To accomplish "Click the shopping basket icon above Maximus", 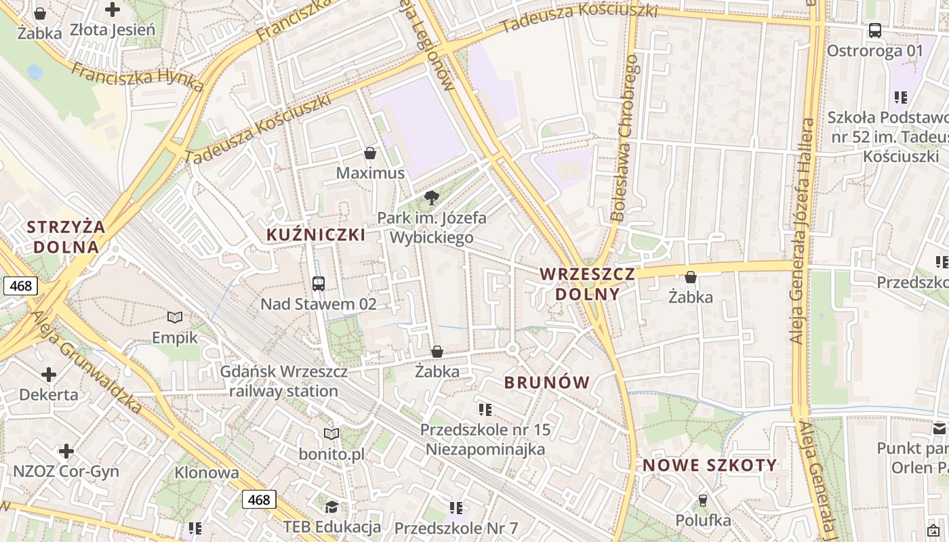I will point(370,154).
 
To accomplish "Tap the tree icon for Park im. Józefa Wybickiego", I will point(431,198).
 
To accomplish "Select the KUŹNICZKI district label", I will point(316,235).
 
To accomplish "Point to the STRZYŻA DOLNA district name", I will point(66,236).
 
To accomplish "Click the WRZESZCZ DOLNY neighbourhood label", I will point(588,284).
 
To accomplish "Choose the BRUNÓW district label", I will point(547,382).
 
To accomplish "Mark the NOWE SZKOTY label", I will point(710,465).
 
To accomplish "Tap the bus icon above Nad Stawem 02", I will point(319,283).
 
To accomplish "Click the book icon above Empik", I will point(175,317).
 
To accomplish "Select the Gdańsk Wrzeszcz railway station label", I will point(284,381).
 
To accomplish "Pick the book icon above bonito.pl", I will point(331,434).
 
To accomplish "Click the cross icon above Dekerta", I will point(49,374).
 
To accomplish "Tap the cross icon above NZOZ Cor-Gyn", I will point(66,451).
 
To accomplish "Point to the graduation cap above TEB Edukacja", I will point(331,507).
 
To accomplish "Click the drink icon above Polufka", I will point(703,501).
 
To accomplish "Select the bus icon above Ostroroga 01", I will point(875,30).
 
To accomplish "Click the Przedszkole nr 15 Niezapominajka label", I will point(485,439).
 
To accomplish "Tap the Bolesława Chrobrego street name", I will point(625,139).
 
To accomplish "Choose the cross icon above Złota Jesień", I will point(113,9).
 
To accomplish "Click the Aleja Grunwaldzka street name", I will point(86,362).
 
